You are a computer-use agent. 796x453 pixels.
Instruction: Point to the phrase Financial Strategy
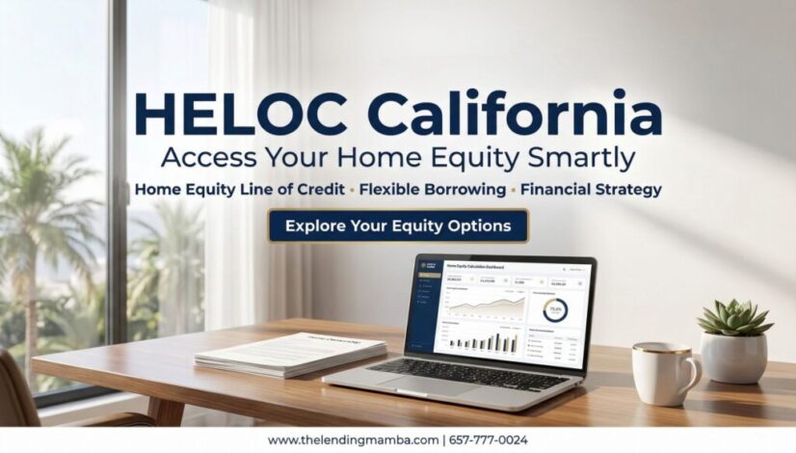[x=589, y=189]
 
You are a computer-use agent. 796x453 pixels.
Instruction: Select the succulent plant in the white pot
[x=734, y=321]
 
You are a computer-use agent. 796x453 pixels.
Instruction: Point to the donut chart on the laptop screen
[x=555, y=309]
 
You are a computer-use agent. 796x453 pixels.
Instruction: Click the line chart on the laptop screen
[x=484, y=307]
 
